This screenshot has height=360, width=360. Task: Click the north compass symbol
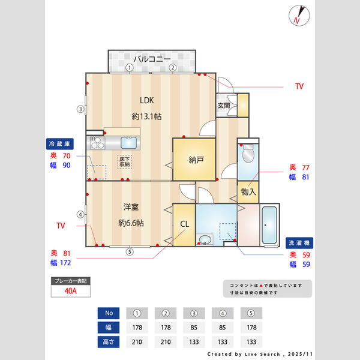point(298,15)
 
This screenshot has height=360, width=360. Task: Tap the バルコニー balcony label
point(152,59)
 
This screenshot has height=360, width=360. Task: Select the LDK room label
point(146,100)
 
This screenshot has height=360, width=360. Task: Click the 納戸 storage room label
point(196,160)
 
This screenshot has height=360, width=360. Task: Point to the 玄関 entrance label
point(224,106)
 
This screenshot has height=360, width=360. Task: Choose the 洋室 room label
point(131,207)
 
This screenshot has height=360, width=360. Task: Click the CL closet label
point(184,224)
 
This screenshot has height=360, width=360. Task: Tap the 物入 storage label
point(248,192)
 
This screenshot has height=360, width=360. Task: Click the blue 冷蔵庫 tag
point(60,144)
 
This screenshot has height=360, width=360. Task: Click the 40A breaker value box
point(71,292)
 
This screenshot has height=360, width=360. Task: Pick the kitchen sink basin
point(130,143)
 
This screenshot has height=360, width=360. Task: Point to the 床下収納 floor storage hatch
point(124,161)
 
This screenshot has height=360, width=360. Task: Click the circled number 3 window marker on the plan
point(80,109)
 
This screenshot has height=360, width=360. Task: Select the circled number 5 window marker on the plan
point(129,252)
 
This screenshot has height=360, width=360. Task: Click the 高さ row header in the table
point(108,342)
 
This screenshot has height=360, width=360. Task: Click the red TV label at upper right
point(299,86)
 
